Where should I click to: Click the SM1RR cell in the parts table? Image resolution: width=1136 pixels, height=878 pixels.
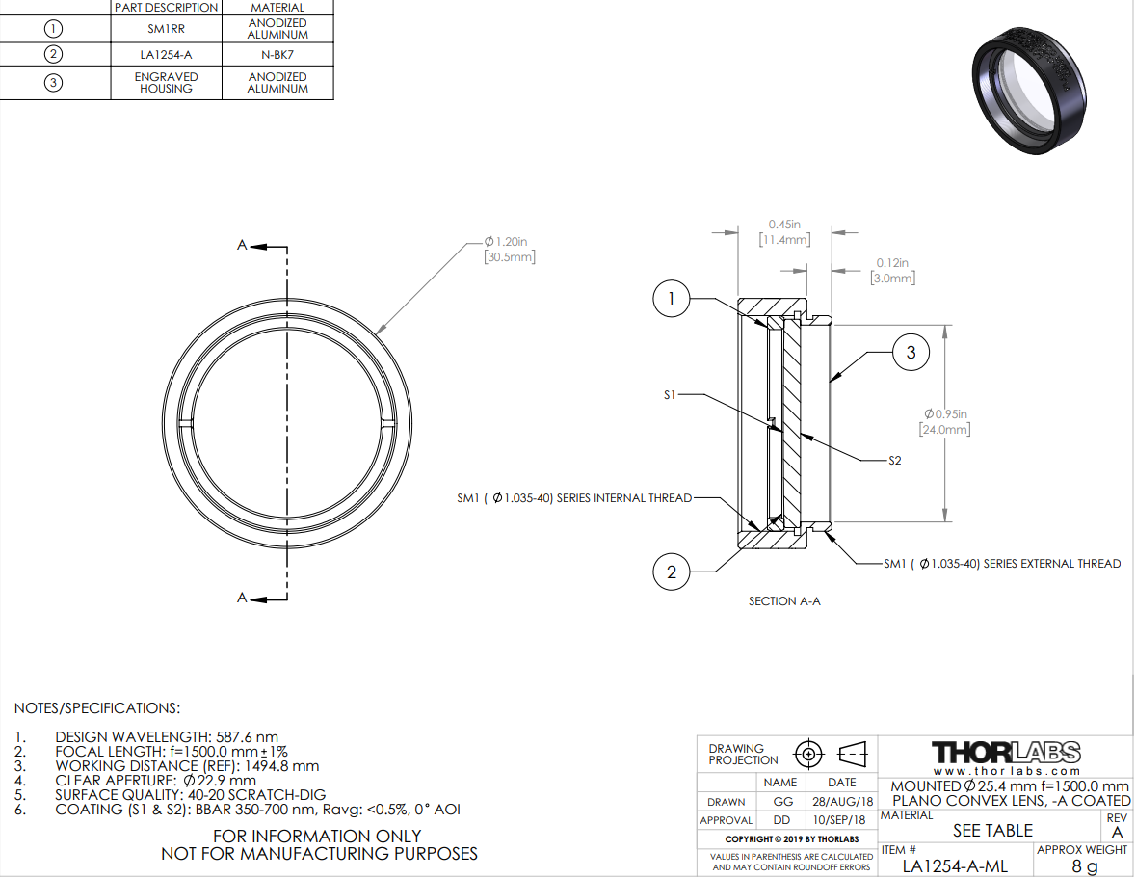[x=166, y=29]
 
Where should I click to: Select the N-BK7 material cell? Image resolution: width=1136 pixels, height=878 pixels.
[x=277, y=54]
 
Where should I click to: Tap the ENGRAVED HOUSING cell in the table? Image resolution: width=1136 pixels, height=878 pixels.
[x=166, y=83]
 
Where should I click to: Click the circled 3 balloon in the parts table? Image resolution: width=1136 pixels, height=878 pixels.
[x=53, y=83]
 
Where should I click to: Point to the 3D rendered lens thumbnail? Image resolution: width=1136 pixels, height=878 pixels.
[x=1029, y=90]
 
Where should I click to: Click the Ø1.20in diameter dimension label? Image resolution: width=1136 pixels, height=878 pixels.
[x=510, y=250]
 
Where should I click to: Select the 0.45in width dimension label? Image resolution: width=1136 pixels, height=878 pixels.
[x=784, y=232]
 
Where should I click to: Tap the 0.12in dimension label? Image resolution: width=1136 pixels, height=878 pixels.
[x=892, y=270]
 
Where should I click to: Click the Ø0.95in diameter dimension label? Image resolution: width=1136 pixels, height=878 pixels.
[x=944, y=421]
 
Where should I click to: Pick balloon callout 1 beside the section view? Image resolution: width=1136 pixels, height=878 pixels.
[x=671, y=299]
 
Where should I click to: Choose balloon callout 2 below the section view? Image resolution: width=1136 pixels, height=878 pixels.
[x=672, y=572]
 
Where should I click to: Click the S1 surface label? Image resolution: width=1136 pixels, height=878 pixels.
[x=670, y=395]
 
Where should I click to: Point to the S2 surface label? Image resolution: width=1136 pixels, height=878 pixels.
[x=895, y=461]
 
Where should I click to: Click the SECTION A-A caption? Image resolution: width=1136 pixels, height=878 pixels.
[x=784, y=601]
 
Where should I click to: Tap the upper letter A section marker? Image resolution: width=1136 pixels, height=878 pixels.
[x=242, y=245]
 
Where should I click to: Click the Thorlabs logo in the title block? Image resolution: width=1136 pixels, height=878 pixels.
[x=1006, y=753]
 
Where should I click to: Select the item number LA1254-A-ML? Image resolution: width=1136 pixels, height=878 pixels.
[x=955, y=866]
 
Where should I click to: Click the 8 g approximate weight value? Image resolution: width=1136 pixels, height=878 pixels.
[x=1085, y=866]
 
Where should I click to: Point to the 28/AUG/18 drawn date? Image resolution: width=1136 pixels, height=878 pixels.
[x=842, y=801]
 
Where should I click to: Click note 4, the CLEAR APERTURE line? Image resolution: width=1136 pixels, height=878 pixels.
[x=155, y=781]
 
